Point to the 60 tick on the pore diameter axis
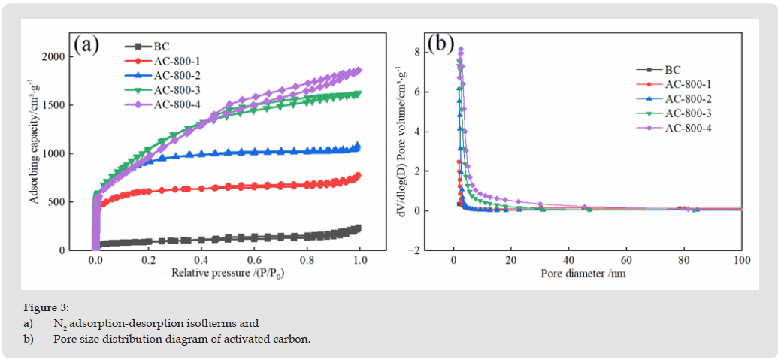(626, 260)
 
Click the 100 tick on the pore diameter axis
(741, 260)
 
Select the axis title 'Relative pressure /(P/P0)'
(227, 273)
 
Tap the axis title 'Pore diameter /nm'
(583, 273)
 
